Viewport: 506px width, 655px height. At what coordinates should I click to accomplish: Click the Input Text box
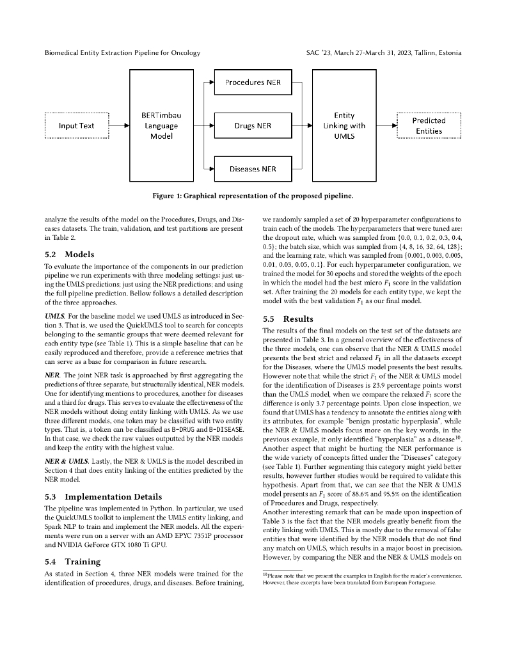pyautogui.click(x=77, y=125)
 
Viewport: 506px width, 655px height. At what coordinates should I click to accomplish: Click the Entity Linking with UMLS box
pyautogui.click(x=344, y=125)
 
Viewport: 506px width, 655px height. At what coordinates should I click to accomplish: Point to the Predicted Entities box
pyautogui.click(x=429, y=125)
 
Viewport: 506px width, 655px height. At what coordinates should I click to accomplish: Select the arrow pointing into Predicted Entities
pyautogui.click(x=386, y=126)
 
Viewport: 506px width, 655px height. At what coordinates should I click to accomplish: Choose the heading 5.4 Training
pyautogui.click(x=72, y=561)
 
